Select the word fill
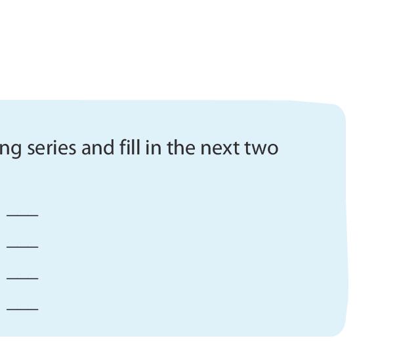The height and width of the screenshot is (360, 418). (130, 148)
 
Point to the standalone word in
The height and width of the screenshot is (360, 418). (154, 148)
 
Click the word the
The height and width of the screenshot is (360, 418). (181, 148)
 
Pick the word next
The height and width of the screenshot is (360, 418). (219, 148)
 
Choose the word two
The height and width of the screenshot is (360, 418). (262, 148)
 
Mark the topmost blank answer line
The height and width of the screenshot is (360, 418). (22, 215)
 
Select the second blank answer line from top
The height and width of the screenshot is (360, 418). (22, 247)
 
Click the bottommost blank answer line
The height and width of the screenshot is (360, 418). (22, 309)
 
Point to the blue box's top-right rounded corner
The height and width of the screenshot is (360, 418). (338, 109)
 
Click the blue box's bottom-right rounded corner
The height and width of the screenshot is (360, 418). (338, 328)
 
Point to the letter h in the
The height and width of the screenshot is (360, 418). (180, 148)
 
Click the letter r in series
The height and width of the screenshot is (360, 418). (53, 149)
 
